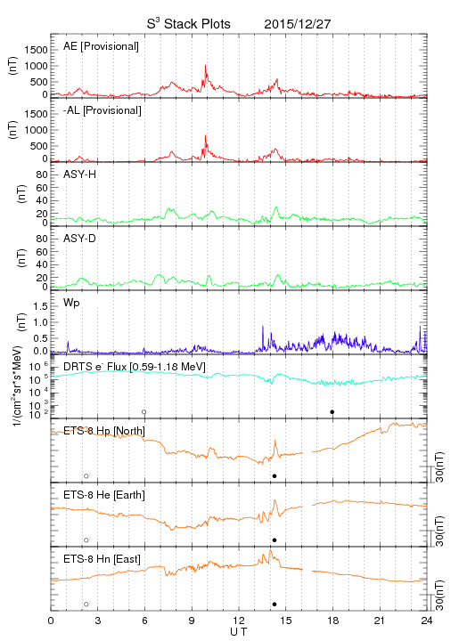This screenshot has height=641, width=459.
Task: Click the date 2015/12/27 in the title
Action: coord(297,24)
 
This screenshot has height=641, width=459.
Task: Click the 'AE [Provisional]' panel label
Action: coord(101,46)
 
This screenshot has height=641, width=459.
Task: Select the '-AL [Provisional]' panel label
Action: coord(102,110)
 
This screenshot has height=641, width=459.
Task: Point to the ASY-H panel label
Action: coord(80,174)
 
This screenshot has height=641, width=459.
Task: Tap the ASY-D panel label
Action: coord(80,239)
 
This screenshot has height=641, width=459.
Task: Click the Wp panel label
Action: coord(71,303)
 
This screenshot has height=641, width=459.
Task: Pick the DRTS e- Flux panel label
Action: coord(135,366)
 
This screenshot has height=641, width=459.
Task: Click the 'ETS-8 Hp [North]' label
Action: coord(104,431)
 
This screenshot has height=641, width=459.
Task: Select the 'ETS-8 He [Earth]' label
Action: coord(104,495)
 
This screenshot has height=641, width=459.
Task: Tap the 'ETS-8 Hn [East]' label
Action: coord(102,559)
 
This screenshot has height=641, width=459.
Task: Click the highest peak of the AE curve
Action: coord(205,65)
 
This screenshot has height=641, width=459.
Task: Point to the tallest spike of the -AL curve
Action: coord(205,135)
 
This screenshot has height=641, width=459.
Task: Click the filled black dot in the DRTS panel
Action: coord(332,412)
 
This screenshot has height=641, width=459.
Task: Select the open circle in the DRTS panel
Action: coord(144,412)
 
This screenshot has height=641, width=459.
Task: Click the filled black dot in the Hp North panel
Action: coord(275,475)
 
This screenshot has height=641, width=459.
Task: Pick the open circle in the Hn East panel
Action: coord(86,604)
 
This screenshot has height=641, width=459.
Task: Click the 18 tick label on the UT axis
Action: coord(333,621)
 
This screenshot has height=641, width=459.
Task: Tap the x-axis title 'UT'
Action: coord(239,632)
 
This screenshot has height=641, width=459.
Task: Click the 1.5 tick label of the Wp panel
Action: coord(41,306)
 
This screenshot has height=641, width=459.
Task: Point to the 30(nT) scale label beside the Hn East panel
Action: coord(439,596)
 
